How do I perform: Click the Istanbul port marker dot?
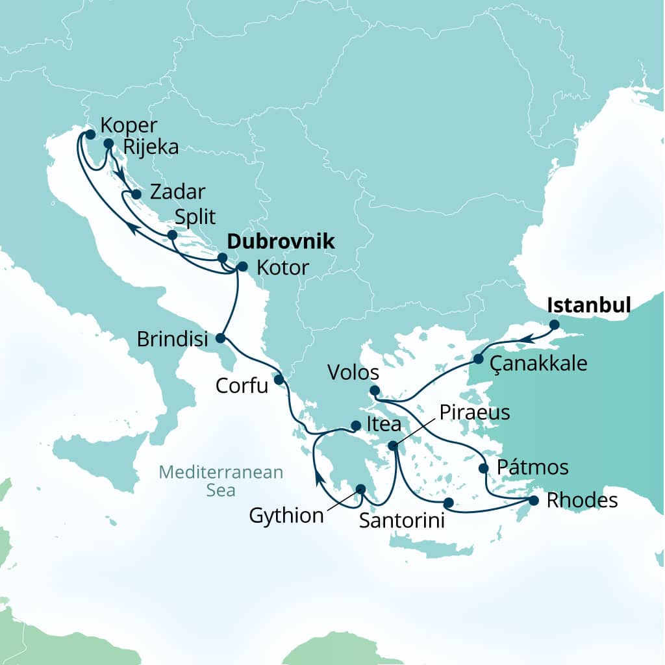pyautogui.click(x=554, y=324)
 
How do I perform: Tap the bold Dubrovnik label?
pyautogui.click(x=280, y=242)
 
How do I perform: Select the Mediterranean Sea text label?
pyautogui.click(x=222, y=481)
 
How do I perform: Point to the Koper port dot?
pyautogui.click(x=90, y=134)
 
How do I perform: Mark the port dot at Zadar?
pyautogui.click(x=136, y=194)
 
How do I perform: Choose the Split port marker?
pyautogui.click(x=172, y=235)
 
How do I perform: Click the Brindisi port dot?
pyautogui.click(x=220, y=338)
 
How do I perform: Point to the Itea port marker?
pyautogui.click(x=355, y=426)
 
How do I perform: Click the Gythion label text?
pyautogui.click(x=286, y=516)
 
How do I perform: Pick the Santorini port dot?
pyautogui.click(x=447, y=503)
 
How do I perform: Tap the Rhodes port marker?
pyautogui.click(x=534, y=501)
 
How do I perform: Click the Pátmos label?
pyautogui.click(x=532, y=467)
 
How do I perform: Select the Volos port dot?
pyautogui.click(x=374, y=390)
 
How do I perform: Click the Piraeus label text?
pyautogui.click(x=475, y=412)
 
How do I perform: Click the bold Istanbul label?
pyautogui.click(x=589, y=305)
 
